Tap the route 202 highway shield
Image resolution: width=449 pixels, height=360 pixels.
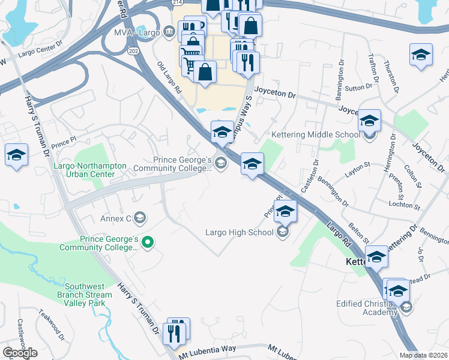pyautogui.click(x=133, y=51)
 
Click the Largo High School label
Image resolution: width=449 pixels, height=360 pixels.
pyautogui.click(x=239, y=232)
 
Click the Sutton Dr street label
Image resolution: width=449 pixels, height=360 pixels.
pyautogui.click(x=359, y=88)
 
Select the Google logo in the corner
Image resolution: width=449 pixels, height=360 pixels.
pyautogui.click(x=20, y=353)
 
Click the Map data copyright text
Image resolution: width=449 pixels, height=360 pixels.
pyautogui.click(x=424, y=355)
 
